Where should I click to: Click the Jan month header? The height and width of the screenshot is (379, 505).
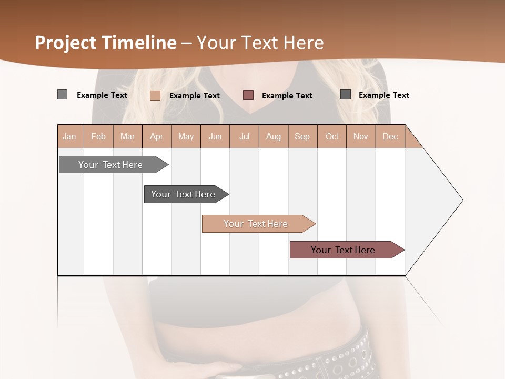(70, 136)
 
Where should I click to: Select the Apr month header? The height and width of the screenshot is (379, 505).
(157, 136)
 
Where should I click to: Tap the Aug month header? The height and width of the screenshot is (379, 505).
(274, 136)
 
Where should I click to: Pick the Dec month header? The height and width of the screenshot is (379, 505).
(390, 136)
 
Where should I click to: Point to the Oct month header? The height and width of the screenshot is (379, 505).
(332, 136)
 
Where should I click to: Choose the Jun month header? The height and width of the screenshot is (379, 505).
(215, 136)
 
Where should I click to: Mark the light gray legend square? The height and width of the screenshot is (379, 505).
(62, 95)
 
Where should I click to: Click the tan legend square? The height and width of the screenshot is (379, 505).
(155, 95)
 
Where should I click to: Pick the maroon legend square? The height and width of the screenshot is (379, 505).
(248, 95)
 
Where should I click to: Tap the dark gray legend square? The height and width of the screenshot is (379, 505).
(346, 94)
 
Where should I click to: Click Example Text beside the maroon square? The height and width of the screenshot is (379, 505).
(287, 95)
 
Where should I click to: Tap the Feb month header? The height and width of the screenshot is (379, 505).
(98, 136)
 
